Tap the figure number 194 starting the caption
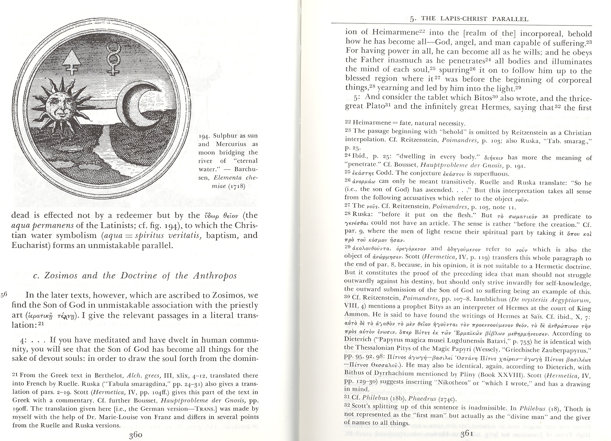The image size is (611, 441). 204,136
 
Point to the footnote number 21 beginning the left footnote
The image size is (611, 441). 15,375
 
